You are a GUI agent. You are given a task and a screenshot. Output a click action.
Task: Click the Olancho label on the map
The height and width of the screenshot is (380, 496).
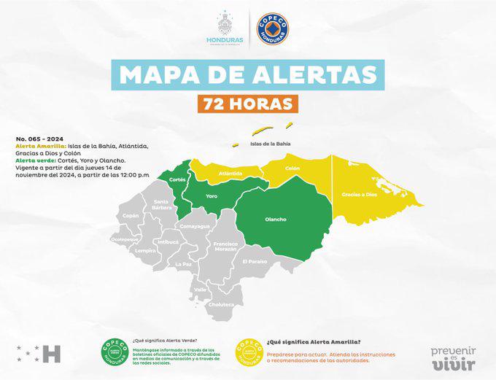(x=275, y=220)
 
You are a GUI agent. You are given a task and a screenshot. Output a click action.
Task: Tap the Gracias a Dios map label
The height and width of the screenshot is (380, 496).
(x=359, y=195)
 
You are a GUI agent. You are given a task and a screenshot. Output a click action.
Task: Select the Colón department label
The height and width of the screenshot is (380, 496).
(x=292, y=168)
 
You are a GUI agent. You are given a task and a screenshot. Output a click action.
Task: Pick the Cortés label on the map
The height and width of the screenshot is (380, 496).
(x=177, y=179)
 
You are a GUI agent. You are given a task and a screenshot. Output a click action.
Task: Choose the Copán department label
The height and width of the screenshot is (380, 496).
(x=131, y=216)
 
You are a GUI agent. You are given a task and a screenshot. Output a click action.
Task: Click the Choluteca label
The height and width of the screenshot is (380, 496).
(x=223, y=304)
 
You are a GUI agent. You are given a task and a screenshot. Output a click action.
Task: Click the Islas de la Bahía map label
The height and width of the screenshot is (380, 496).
(x=271, y=144)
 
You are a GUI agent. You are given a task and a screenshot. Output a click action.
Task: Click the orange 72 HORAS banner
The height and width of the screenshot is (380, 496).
(x=248, y=103)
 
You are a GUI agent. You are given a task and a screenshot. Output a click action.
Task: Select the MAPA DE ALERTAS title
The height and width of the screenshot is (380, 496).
(x=248, y=74)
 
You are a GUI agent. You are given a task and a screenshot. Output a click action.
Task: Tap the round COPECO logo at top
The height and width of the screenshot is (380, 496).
(x=273, y=28)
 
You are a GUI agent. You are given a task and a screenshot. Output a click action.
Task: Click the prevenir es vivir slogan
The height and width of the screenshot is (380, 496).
(x=453, y=358)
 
